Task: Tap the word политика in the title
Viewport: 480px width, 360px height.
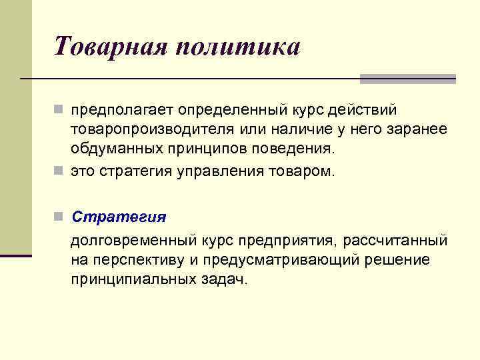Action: tap(241, 47)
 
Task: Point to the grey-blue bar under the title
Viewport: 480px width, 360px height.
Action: tap(407, 79)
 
